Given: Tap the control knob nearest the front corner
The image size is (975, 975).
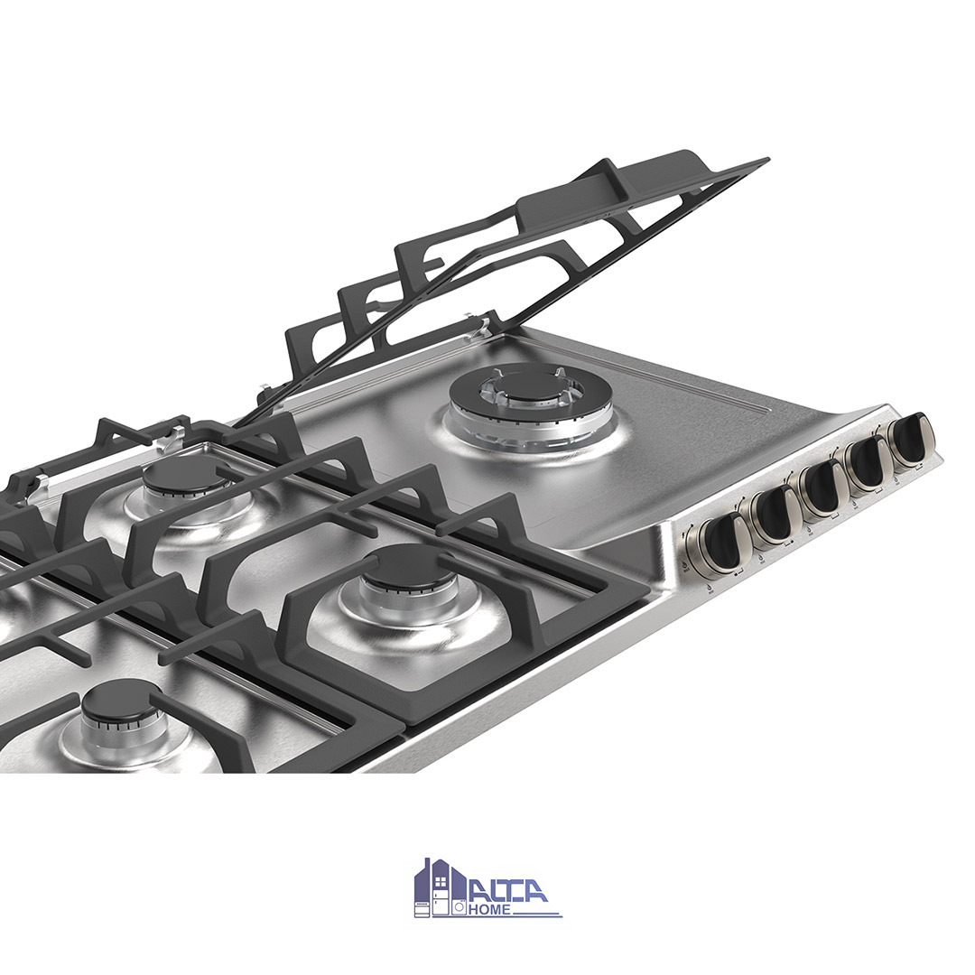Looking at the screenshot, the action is [x=720, y=543].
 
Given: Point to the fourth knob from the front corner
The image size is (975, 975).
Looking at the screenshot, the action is [x=869, y=465].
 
